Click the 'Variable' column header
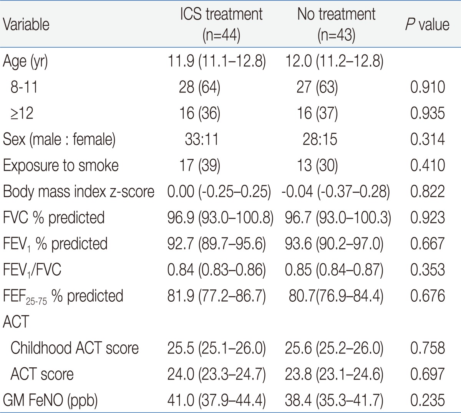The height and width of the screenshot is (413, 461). click(x=26, y=25)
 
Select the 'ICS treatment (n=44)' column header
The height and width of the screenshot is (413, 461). click(x=221, y=25)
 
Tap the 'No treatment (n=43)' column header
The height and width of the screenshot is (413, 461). click(x=336, y=25)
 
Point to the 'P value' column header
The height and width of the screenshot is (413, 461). click(x=427, y=25)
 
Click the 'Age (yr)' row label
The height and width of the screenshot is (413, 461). click(x=25, y=61)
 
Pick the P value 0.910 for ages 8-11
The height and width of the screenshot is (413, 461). click(x=428, y=87)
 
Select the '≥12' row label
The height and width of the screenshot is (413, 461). click(x=22, y=113)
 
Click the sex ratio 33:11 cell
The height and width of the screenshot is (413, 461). click(x=202, y=139)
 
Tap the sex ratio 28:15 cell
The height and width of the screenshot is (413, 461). click(x=320, y=139)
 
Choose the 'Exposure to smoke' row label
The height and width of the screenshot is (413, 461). click(x=61, y=165)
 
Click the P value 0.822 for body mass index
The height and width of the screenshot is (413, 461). click(x=428, y=191)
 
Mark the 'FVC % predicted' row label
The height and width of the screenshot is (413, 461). click(x=54, y=217)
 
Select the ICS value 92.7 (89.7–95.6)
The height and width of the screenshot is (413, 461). click(x=216, y=244)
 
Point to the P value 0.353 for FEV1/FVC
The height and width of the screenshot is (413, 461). click(x=428, y=269)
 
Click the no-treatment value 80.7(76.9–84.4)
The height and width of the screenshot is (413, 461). click(x=336, y=296)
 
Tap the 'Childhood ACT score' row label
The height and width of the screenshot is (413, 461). click(x=75, y=348)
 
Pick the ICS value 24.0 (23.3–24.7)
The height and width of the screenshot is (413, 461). click(x=216, y=374)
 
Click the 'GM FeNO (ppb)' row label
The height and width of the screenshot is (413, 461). click(x=50, y=400)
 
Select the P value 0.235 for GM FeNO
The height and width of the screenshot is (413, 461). click(x=428, y=400)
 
